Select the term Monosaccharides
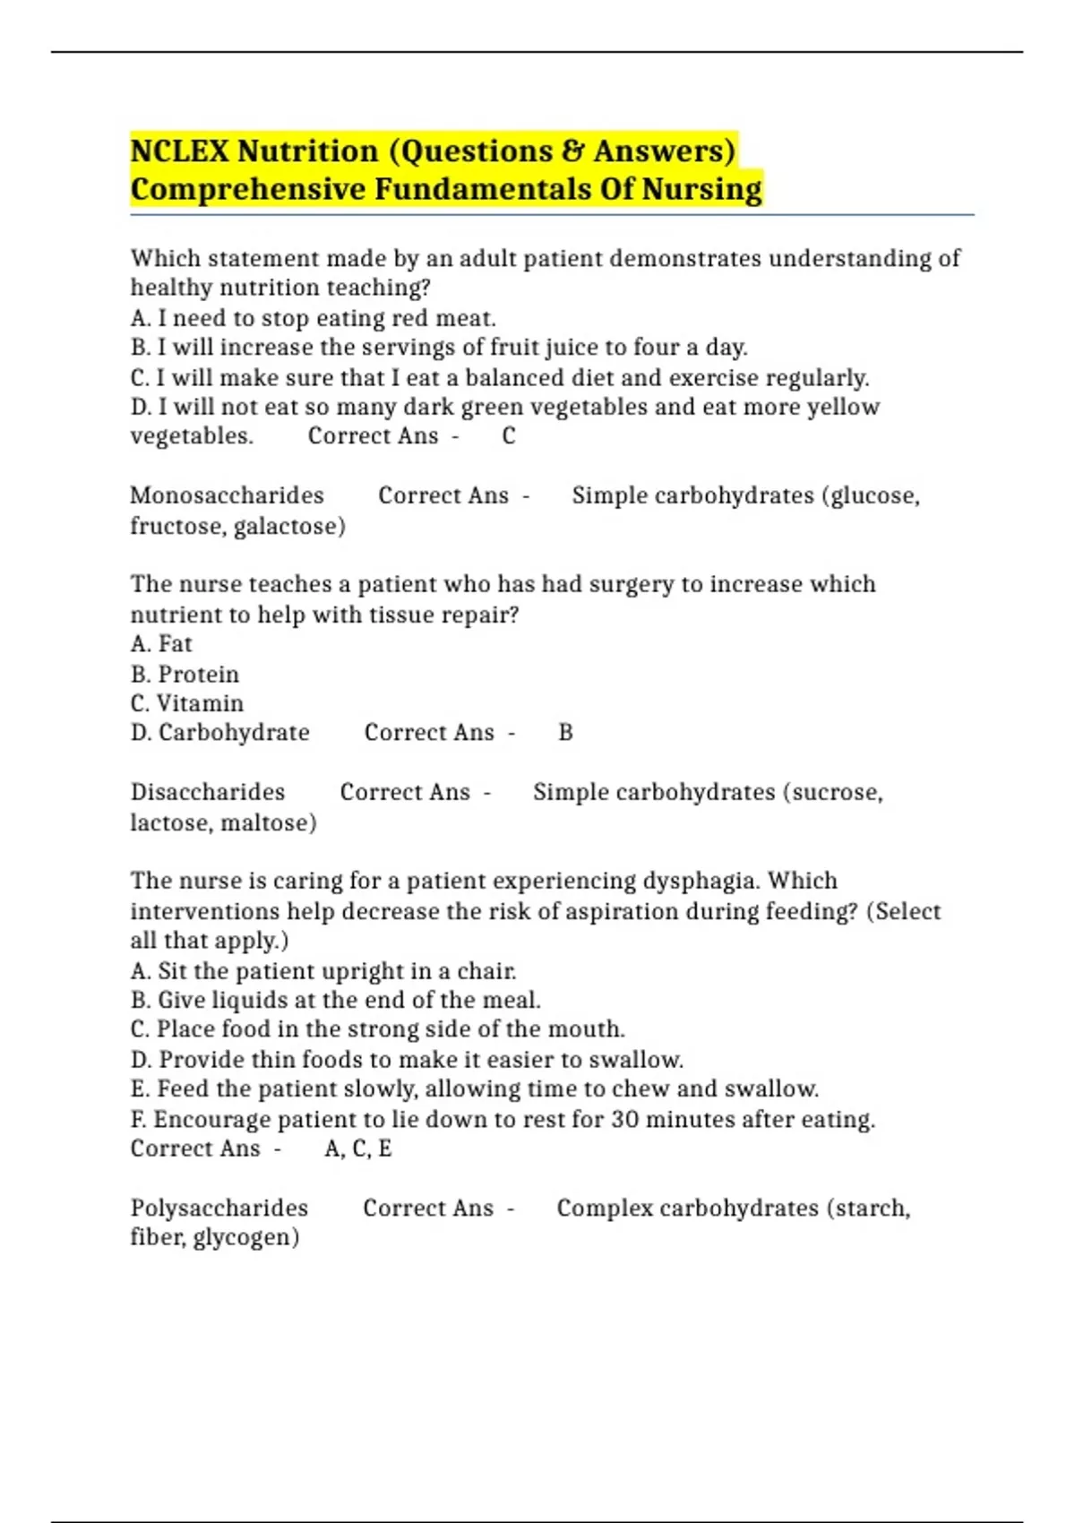(x=227, y=495)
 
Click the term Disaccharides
(x=207, y=792)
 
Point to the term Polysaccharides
(x=219, y=1208)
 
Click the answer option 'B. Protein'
(x=185, y=674)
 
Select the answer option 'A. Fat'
(x=161, y=643)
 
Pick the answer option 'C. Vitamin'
(x=186, y=703)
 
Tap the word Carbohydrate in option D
(x=234, y=733)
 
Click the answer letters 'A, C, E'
(x=358, y=1149)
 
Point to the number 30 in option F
(x=624, y=1119)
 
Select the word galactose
(x=288, y=526)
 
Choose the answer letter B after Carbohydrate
(x=565, y=733)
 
